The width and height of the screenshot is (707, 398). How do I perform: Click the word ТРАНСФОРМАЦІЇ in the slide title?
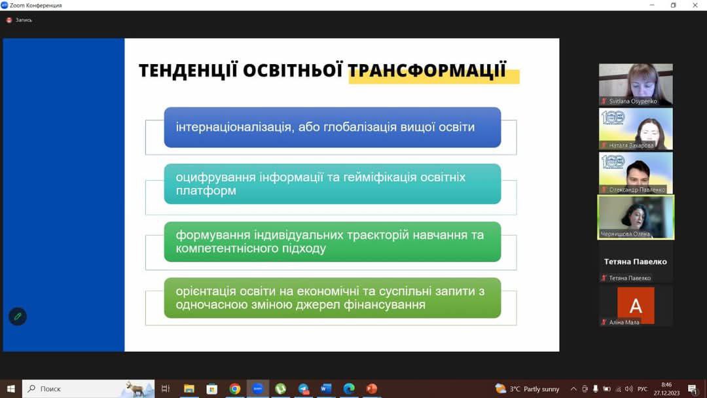tap(427, 71)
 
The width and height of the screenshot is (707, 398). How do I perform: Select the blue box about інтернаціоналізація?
tap(333, 127)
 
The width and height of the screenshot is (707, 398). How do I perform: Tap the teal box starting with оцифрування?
tap(333, 184)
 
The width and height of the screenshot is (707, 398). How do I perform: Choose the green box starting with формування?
tap(333, 242)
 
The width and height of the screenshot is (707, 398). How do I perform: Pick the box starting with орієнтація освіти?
tap(333, 298)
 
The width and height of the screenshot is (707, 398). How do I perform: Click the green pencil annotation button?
tap(18, 316)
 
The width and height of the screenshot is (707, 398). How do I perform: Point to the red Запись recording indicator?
tap(9, 20)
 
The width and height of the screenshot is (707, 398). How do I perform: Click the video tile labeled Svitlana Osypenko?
tap(636, 84)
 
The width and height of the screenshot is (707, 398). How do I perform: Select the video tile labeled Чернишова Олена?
tap(636, 217)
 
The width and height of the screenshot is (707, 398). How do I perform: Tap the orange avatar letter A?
tap(636, 306)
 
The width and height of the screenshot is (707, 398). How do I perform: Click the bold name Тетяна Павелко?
tap(635, 261)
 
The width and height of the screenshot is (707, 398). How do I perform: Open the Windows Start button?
tap(11, 389)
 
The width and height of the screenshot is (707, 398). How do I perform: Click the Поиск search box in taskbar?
tap(88, 389)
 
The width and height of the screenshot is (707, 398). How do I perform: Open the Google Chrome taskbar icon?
tap(234, 389)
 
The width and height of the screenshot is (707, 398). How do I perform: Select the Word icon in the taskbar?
tap(326, 389)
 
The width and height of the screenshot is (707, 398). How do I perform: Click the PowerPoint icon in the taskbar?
tap(372, 389)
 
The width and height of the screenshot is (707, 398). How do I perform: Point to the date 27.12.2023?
tap(666, 393)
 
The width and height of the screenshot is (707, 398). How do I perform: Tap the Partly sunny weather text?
tap(541, 389)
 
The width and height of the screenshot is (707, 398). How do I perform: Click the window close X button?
tap(695, 5)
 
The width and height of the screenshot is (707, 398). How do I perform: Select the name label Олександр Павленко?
tap(637, 190)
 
